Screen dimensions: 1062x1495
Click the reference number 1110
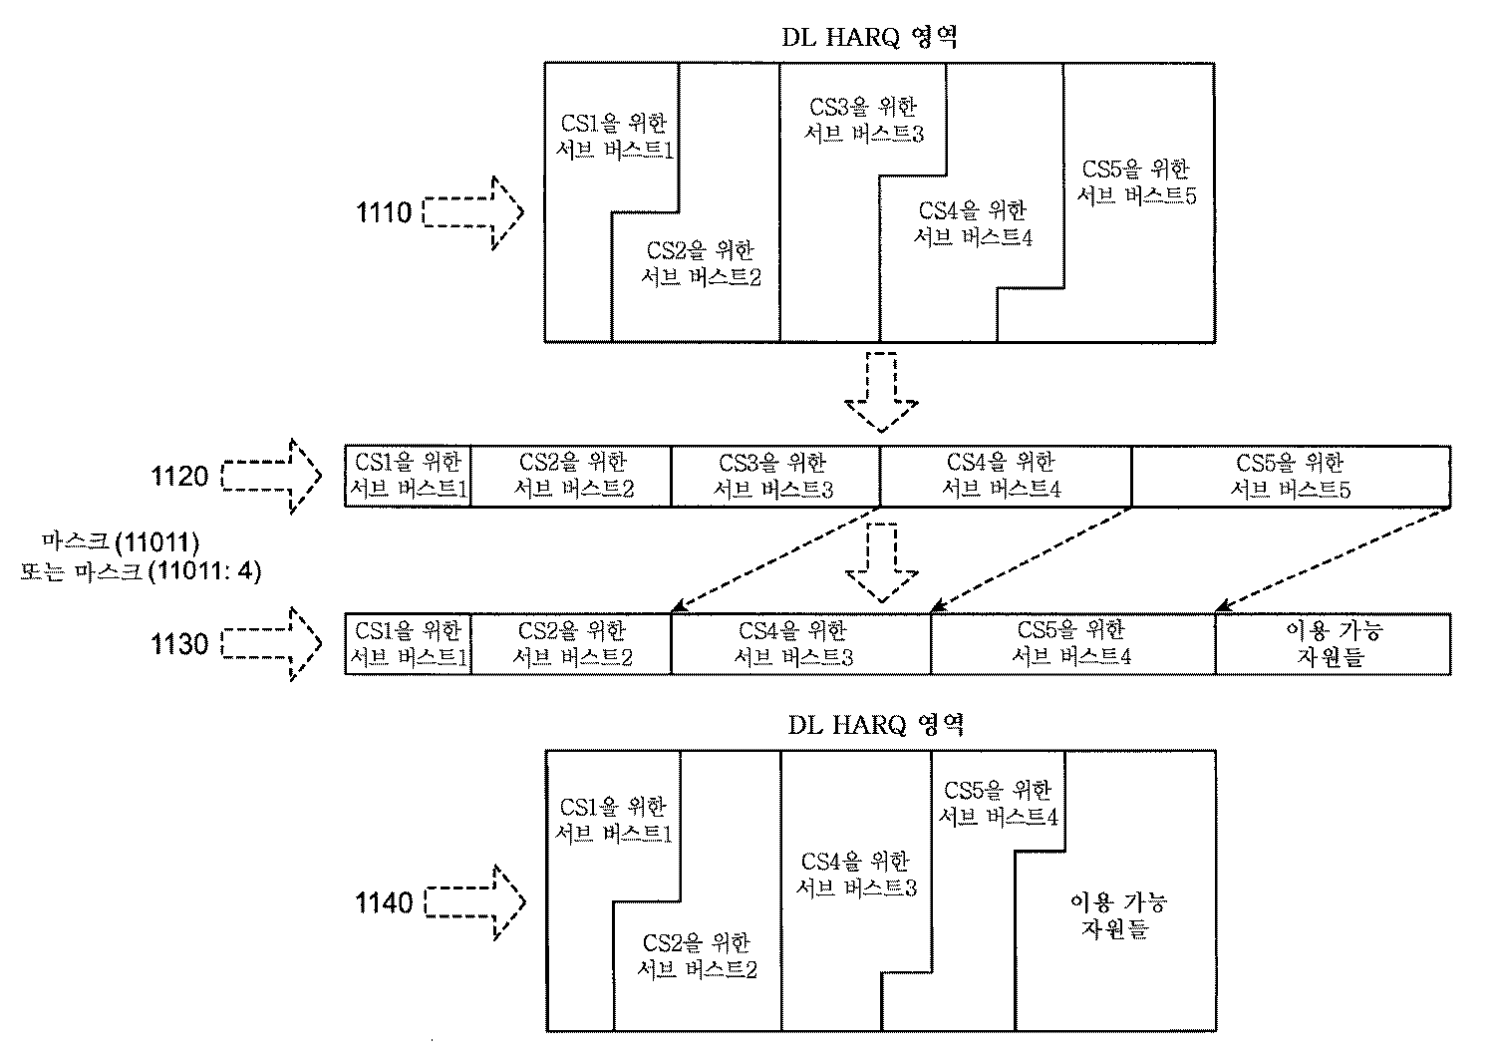click(x=384, y=212)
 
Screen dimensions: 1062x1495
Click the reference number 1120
click(x=179, y=476)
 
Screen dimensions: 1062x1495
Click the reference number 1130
click(x=179, y=644)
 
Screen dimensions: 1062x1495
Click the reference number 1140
click(x=384, y=903)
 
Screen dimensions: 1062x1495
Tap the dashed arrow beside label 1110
click(x=473, y=212)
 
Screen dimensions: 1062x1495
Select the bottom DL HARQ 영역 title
click(x=875, y=725)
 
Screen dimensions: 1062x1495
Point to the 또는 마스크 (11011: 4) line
click(x=141, y=573)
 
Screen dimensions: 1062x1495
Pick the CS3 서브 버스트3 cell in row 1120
click(x=773, y=476)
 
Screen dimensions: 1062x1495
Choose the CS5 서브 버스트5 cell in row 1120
click(x=1291, y=476)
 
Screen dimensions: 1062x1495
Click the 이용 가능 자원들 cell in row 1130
click(x=1333, y=644)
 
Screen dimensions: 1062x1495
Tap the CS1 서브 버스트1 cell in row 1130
click(x=408, y=644)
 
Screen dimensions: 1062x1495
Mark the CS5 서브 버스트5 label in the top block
click(x=1136, y=182)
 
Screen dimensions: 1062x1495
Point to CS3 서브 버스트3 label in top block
click(x=863, y=120)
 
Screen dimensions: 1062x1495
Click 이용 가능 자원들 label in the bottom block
click(x=1117, y=915)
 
